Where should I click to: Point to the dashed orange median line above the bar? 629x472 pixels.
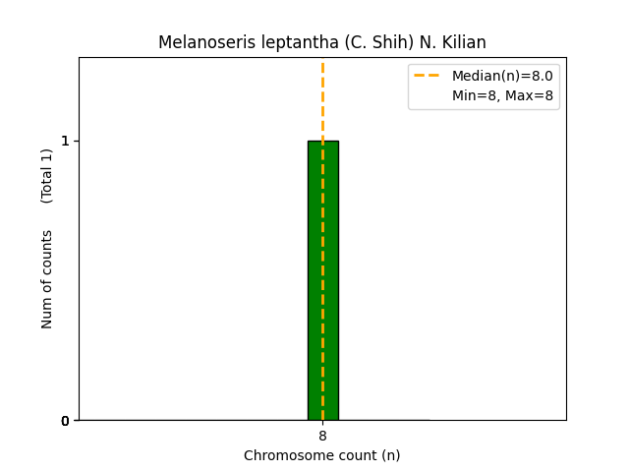(322, 98)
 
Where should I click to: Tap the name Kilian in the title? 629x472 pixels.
(462, 43)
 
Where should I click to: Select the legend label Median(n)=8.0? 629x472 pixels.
(501, 76)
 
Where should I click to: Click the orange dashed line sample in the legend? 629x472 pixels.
(427, 76)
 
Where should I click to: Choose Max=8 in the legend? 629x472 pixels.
(531, 95)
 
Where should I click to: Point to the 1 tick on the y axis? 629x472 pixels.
(65, 141)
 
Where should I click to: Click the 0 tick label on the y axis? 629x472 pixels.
(65, 421)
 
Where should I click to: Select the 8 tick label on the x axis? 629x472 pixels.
(322, 436)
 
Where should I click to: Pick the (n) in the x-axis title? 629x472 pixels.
(389, 455)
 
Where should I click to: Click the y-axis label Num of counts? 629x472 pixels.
(47, 279)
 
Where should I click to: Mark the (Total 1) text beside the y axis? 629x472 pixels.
(47, 176)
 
